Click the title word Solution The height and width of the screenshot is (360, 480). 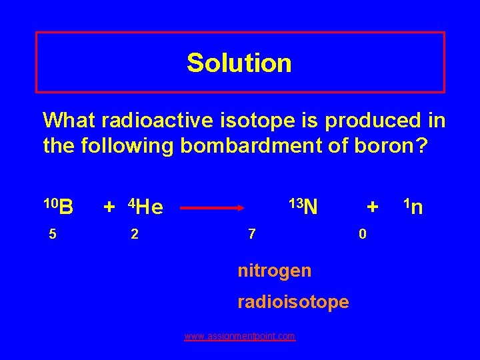click(239, 63)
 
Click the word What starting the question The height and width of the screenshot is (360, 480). click(68, 121)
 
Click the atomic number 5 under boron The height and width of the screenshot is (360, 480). click(49, 234)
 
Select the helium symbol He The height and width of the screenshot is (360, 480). click(150, 209)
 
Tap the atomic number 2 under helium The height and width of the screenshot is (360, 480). click(135, 234)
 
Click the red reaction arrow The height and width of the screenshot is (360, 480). click(213, 208)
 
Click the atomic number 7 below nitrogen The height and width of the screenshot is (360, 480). click(251, 234)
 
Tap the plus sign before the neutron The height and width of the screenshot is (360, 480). click(373, 207)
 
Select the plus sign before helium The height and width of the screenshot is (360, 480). click(109, 207)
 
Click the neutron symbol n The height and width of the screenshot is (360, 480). click(417, 208)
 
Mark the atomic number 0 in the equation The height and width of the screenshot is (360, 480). click(362, 234)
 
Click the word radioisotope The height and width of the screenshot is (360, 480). click(293, 302)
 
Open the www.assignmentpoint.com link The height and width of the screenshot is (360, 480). click(239, 337)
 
